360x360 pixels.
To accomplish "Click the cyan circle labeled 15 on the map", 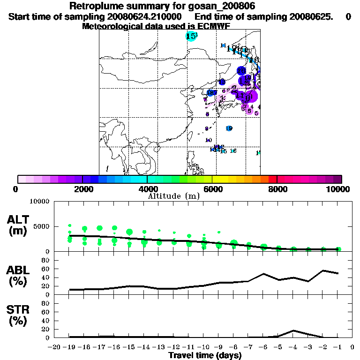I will click(x=191, y=36).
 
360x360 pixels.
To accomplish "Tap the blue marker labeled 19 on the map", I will click(x=229, y=128).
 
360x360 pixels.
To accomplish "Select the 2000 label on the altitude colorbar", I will click(x=82, y=189).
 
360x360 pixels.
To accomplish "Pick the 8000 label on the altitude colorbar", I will click(x=277, y=189).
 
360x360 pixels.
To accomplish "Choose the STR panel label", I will click(x=18, y=316).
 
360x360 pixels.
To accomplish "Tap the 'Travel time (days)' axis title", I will click(x=205, y=355).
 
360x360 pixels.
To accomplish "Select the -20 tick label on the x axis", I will click(x=54, y=347).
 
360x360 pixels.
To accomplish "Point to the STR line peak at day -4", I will click(x=293, y=330).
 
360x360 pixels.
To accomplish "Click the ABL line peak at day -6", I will click(x=264, y=274).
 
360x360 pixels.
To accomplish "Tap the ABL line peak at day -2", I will click(x=323, y=270).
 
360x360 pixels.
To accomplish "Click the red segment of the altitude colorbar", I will click(x=272, y=179).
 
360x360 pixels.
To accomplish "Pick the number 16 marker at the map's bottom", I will click(x=233, y=151).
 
